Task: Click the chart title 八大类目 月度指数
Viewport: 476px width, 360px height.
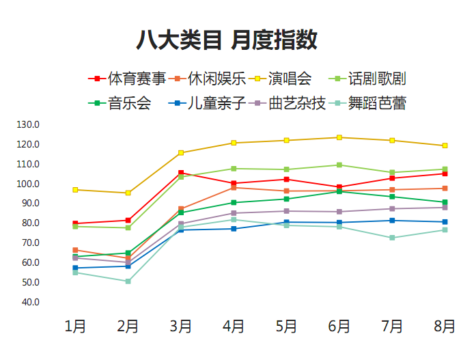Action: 227,40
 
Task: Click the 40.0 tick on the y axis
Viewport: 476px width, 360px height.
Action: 31,302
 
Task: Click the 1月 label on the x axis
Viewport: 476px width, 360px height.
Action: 75,327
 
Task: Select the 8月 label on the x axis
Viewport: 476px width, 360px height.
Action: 445,327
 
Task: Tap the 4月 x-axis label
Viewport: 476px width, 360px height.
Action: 234,327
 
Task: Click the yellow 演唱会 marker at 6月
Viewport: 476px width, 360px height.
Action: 339,137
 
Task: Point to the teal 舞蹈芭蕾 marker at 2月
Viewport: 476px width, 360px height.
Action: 128,281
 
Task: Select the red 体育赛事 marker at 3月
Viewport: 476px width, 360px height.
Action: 181,173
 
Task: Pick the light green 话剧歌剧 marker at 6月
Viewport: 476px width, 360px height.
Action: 339,165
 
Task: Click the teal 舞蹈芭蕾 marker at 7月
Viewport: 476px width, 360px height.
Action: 392,238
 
